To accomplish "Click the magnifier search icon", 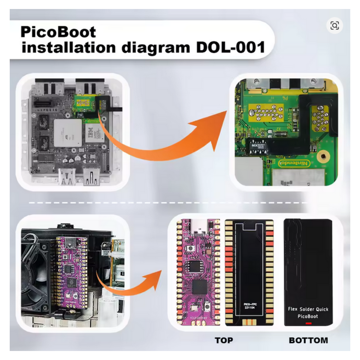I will pos(334,26).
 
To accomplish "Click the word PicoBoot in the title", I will pos(58,32).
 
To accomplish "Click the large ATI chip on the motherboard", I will pos(68,133).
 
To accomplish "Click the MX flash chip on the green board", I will pos(258,145).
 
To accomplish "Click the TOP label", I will pos(224,340).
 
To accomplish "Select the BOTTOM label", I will pos(309,340).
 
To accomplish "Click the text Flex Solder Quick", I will pos(308,309).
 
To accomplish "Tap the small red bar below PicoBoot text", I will pos(309,323).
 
